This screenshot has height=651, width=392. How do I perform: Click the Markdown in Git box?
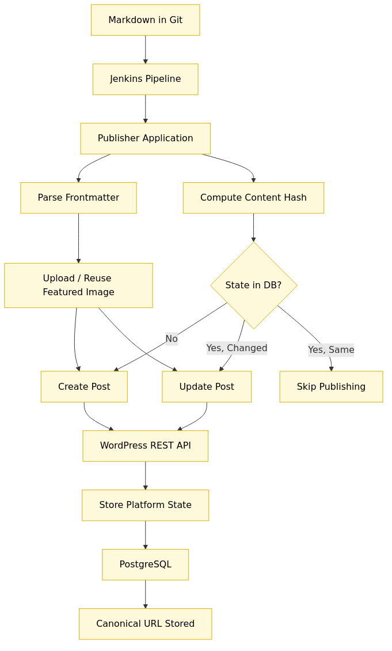tap(145, 20)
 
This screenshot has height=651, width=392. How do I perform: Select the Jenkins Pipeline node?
tap(145, 79)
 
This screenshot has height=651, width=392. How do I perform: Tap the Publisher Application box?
tap(145, 138)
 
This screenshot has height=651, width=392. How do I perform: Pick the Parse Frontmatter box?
tap(78, 198)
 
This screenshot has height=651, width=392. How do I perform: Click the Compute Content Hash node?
tap(253, 198)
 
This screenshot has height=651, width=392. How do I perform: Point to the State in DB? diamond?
tap(253, 285)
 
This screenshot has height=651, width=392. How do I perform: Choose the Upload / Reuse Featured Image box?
tap(78, 285)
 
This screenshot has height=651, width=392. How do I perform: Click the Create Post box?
tap(84, 386)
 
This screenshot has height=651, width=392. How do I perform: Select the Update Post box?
tap(207, 386)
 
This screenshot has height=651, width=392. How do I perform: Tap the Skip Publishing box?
tap(331, 386)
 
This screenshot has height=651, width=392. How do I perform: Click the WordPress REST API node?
tap(145, 446)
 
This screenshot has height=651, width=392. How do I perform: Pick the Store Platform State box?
tap(145, 505)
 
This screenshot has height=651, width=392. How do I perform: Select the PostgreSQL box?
tap(145, 565)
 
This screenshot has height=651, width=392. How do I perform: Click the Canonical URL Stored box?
tap(145, 624)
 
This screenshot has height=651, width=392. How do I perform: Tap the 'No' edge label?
tap(172, 338)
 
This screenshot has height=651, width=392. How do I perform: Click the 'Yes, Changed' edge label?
tap(237, 348)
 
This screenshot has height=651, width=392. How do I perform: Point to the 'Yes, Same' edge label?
tap(331, 349)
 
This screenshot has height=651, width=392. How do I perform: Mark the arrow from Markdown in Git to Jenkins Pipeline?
tap(145, 50)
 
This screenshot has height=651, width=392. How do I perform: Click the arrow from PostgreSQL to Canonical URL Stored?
tap(145, 594)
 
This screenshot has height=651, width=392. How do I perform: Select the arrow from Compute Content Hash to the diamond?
tap(253, 227)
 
